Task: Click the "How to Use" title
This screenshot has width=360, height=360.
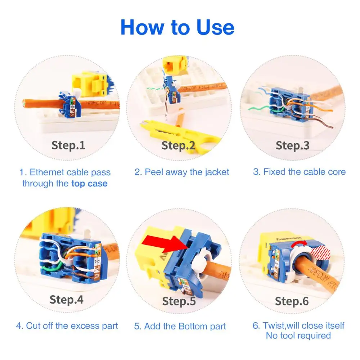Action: (x=177, y=27)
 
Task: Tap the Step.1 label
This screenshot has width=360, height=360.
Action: (x=68, y=145)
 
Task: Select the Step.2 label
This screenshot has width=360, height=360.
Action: (x=178, y=145)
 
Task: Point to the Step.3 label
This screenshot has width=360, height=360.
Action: (x=292, y=145)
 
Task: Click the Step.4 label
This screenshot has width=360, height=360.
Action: (x=66, y=300)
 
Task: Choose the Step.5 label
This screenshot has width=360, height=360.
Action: (x=179, y=301)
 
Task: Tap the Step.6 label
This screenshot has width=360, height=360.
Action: (x=292, y=301)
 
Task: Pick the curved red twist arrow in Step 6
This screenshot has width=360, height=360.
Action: (x=299, y=244)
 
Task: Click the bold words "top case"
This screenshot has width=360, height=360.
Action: (x=89, y=184)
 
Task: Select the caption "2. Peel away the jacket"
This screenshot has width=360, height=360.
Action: (x=181, y=172)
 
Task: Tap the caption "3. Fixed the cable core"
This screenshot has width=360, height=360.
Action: (x=299, y=172)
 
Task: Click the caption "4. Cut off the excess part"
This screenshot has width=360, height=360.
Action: (x=67, y=326)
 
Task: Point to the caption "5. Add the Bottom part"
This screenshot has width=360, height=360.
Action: (x=180, y=326)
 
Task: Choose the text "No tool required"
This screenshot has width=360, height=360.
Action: (x=298, y=336)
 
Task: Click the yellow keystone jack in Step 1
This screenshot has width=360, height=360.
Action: (x=90, y=85)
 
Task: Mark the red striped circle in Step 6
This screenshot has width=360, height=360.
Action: (x=320, y=253)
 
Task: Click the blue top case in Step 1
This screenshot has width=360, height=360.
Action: (x=70, y=105)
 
